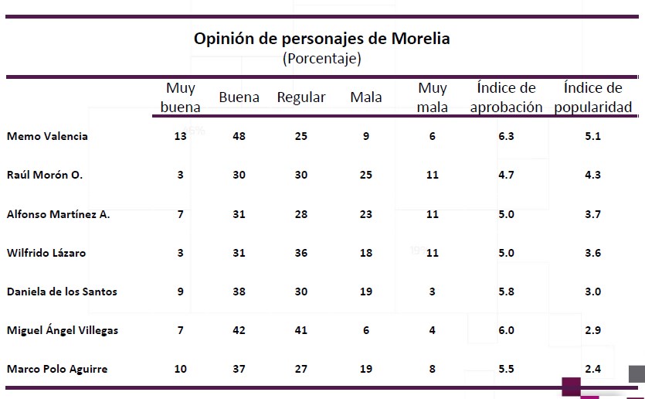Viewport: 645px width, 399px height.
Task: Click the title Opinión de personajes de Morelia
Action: (321, 38)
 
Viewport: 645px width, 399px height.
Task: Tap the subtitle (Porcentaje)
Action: (321, 59)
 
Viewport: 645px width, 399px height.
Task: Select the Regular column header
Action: (301, 98)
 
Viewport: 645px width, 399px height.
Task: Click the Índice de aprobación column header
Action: (506, 98)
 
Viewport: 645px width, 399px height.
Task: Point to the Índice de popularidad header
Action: (593, 98)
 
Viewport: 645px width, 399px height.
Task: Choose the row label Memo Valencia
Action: (47, 136)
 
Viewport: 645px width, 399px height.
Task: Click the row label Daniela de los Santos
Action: (62, 292)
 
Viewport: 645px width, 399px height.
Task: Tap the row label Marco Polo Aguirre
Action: (57, 369)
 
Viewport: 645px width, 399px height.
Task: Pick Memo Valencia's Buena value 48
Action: (239, 136)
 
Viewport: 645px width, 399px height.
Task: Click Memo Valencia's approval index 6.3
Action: (507, 136)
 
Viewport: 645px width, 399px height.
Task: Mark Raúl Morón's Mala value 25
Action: (365, 175)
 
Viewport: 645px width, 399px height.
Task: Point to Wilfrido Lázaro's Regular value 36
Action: (300, 253)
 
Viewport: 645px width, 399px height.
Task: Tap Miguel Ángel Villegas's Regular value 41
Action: (300, 330)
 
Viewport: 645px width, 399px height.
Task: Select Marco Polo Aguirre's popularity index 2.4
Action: (593, 369)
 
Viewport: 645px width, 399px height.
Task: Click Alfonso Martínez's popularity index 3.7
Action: (593, 214)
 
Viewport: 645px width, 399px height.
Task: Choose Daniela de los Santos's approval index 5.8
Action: (507, 292)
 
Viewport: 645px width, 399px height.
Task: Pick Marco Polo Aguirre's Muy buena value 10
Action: (180, 369)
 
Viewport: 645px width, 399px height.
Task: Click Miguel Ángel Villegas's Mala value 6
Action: (365, 330)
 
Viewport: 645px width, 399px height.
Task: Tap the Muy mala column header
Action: (433, 98)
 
